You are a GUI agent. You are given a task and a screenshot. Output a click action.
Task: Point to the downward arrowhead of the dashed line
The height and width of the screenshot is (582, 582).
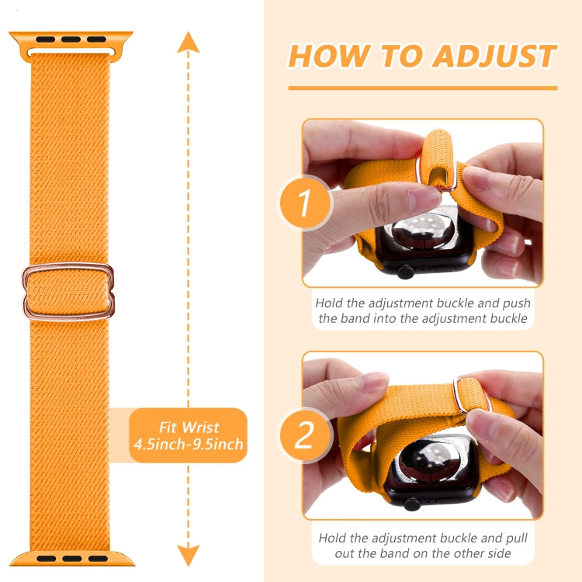[x=188, y=554]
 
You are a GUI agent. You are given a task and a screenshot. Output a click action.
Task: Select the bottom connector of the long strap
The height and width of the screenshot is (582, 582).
[x=71, y=556]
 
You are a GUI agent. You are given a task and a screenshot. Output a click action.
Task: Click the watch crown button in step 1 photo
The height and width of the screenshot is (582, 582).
[x=405, y=272]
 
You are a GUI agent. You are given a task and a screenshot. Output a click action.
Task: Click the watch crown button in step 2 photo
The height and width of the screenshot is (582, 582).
[x=411, y=504]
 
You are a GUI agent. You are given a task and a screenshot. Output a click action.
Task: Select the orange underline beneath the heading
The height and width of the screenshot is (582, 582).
[x=422, y=88]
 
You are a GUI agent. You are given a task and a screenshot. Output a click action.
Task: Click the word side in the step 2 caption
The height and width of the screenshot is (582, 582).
[x=497, y=554]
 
